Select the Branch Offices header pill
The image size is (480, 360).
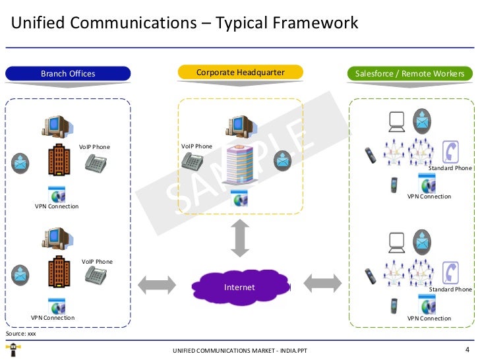tap(68, 74)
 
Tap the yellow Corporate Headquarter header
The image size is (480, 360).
tap(240, 72)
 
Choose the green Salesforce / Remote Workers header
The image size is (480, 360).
tap(409, 74)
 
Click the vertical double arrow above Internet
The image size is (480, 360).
tap(240, 238)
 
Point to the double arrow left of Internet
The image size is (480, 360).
tap(157, 284)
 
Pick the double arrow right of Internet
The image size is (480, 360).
tap(322, 284)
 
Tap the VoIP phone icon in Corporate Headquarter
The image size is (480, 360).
tap(193, 160)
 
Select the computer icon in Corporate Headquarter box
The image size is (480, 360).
tap(239, 125)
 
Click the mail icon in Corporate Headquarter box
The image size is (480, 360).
tap(282, 160)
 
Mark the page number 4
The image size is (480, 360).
tap(467, 349)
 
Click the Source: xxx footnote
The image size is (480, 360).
tap(20, 334)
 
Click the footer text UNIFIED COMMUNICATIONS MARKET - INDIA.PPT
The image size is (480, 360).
tap(239, 350)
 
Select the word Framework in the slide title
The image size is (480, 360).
tap(316, 24)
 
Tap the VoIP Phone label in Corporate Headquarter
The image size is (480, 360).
tap(196, 146)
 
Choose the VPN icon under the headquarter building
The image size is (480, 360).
tap(239, 198)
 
